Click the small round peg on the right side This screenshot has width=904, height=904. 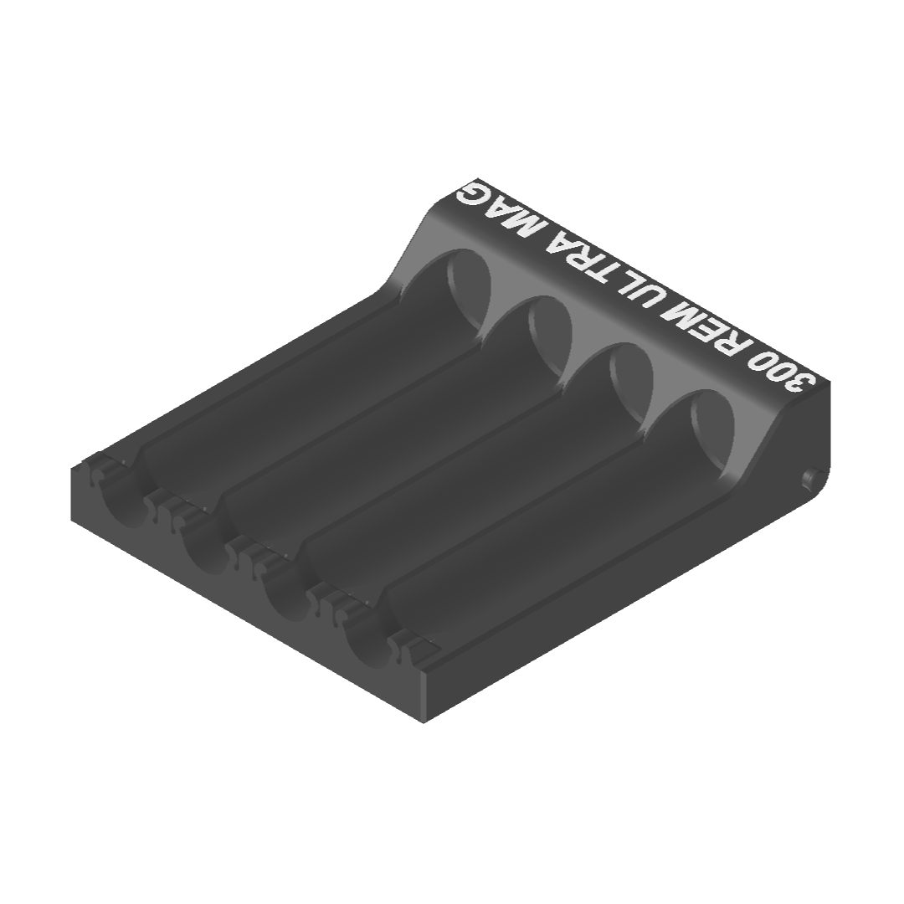(809, 479)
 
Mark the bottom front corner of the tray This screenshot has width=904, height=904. (424, 720)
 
